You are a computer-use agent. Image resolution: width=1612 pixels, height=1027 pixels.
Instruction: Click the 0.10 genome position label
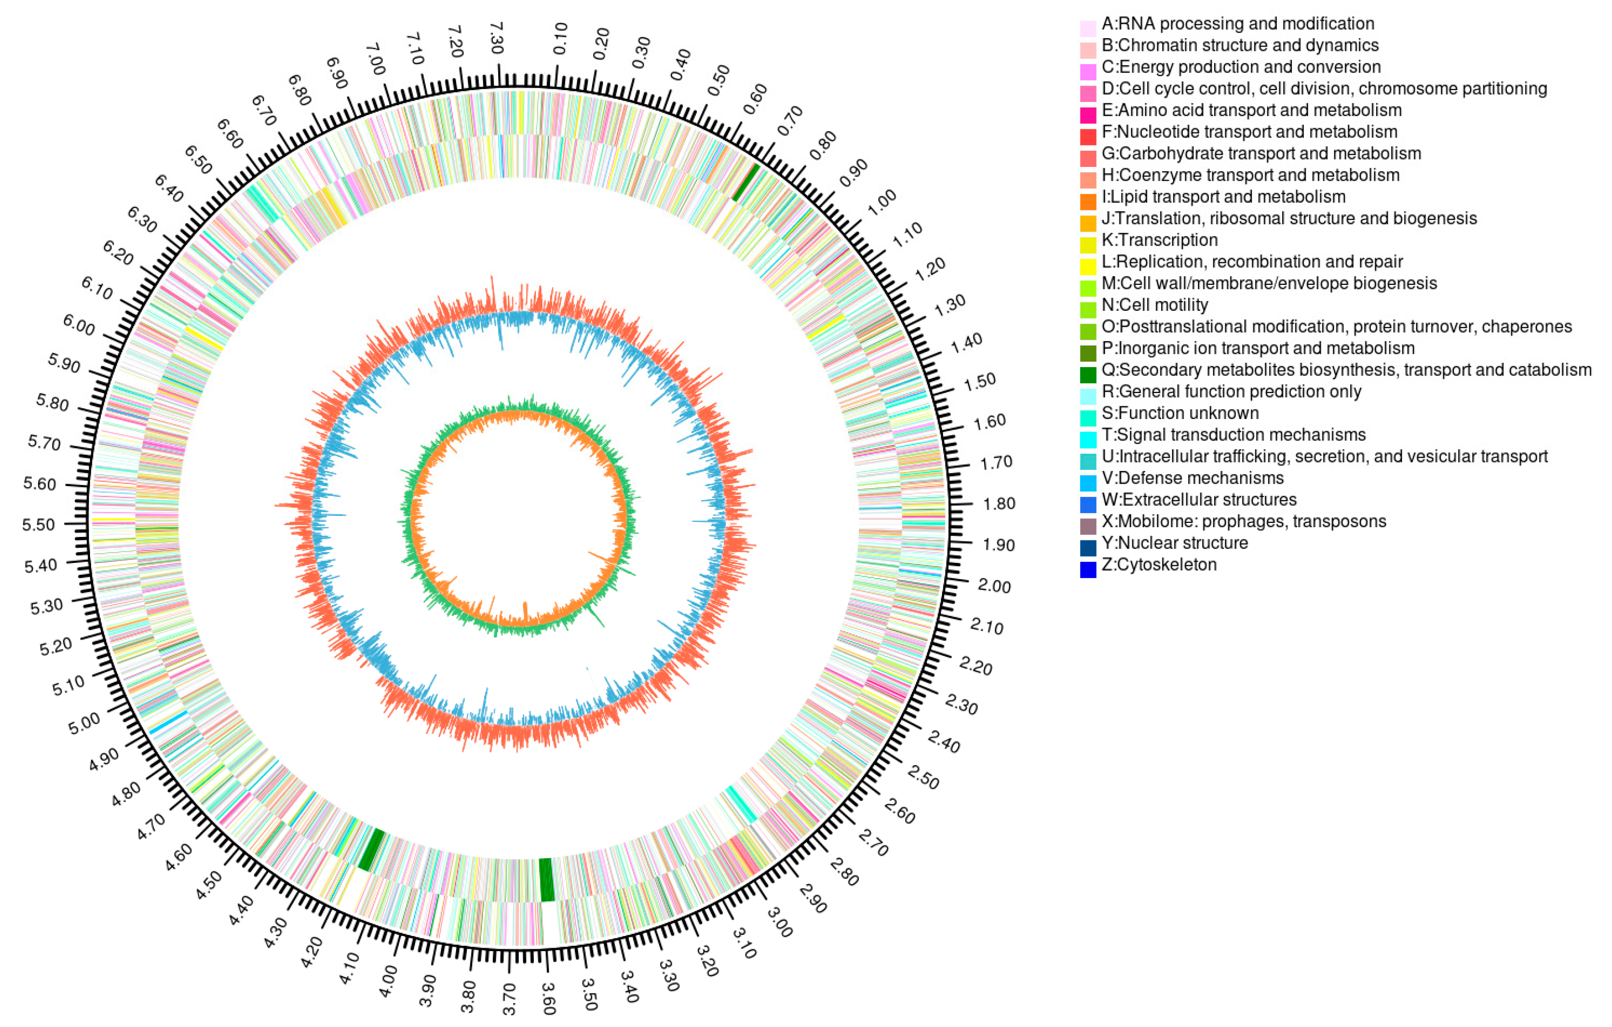(560, 38)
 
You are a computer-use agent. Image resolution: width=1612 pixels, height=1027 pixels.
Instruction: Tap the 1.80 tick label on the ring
(999, 503)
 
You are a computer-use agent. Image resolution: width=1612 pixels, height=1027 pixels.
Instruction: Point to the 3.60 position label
(548, 998)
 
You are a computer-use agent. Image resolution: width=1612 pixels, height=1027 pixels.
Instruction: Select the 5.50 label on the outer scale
(38, 524)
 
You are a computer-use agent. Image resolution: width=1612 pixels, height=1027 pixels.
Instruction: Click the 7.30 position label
(496, 38)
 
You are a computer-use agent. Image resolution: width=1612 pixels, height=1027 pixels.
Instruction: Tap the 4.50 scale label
(209, 886)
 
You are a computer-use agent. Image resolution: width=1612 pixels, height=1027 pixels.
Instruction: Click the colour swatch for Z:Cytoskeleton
(1088, 569)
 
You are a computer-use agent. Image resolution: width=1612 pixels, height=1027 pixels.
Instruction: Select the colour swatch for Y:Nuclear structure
(1088, 548)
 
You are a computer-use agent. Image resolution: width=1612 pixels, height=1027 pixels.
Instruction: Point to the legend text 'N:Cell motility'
(1155, 304)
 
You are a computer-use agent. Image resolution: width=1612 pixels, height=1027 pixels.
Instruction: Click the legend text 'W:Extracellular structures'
(1199, 499)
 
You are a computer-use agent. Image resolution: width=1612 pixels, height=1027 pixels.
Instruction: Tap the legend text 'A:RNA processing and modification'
(1238, 23)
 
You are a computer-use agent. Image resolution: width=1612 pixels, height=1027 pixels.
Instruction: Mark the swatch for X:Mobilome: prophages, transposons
(1088, 526)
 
